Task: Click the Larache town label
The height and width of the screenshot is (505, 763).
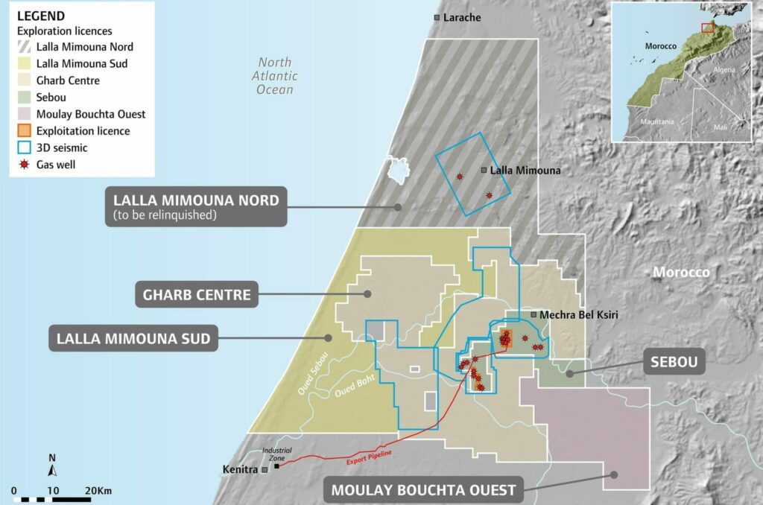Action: (x=461, y=17)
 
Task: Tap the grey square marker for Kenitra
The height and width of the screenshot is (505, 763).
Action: (x=264, y=470)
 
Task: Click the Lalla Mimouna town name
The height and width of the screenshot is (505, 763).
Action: (x=525, y=171)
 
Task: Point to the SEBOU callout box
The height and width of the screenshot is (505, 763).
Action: (x=673, y=363)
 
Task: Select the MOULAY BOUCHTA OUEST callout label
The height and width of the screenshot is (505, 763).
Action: (x=424, y=490)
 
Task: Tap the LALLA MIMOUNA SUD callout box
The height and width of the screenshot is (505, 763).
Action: (x=133, y=340)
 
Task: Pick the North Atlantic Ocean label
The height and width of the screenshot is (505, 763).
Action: (x=275, y=76)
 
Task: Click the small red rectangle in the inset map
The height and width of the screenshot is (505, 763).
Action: (x=707, y=28)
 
